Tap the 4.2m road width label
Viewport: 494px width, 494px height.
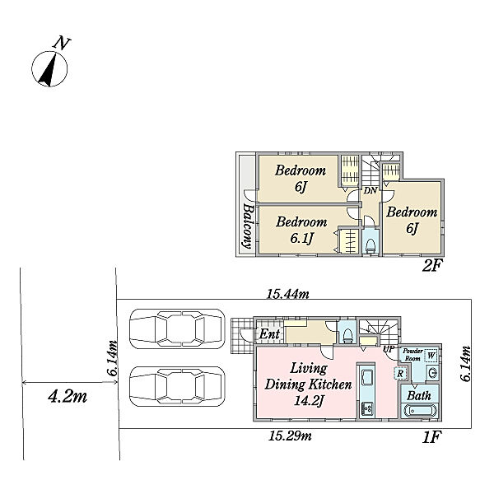click(x=68, y=397)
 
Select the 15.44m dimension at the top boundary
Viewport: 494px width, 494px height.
click(x=288, y=294)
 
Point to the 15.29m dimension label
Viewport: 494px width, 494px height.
click(x=290, y=436)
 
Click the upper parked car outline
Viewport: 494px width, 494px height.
click(x=177, y=329)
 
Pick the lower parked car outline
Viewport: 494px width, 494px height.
click(x=177, y=386)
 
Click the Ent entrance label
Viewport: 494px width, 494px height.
click(x=269, y=334)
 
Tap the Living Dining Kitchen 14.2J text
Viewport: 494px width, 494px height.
click(x=308, y=384)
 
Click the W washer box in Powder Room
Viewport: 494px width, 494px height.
click(x=431, y=356)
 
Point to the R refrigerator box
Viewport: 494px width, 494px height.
click(x=400, y=374)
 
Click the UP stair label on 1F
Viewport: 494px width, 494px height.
click(x=388, y=349)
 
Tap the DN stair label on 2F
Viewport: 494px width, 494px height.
click(x=370, y=190)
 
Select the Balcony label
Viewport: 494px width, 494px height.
click(x=248, y=226)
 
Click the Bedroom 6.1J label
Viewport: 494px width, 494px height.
click(x=301, y=230)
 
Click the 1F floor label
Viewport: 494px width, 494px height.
click(x=431, y=437)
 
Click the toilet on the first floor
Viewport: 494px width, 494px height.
click(x=347, y=336)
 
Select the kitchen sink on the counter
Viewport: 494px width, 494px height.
click(x=367, y=377)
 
